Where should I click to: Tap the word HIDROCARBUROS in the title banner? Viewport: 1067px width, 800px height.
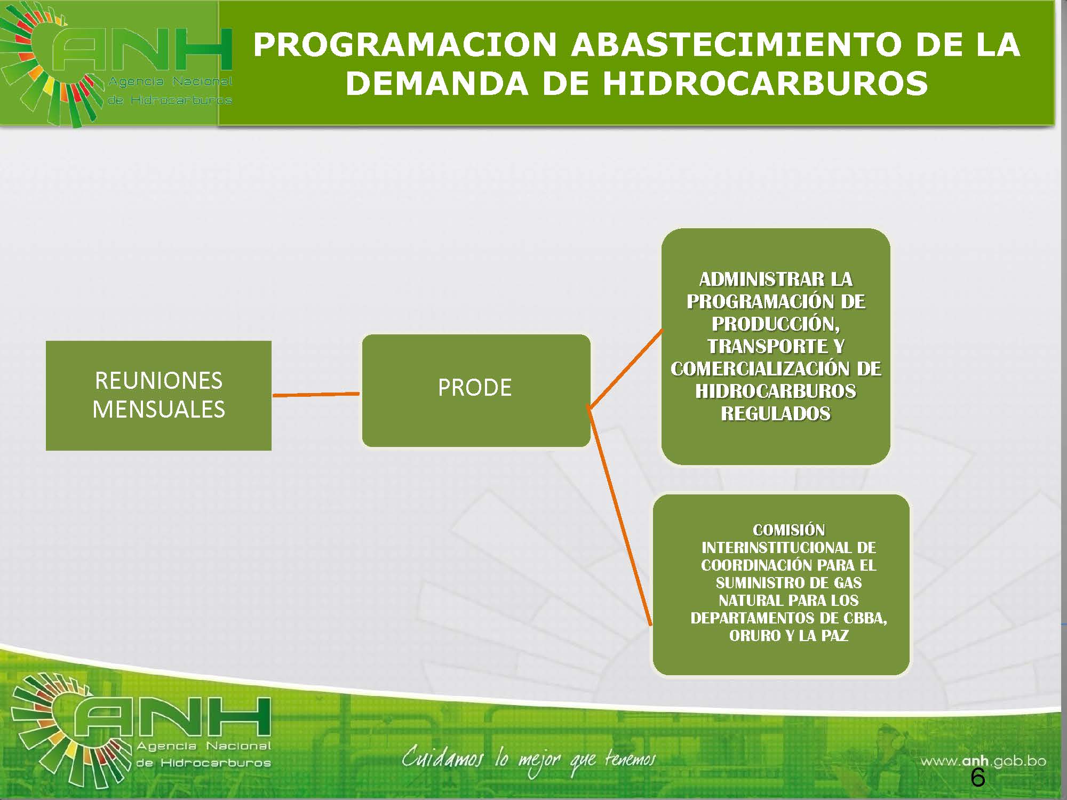[x=766, y=84]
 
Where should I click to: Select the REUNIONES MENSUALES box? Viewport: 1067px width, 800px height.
[x=158, y=396]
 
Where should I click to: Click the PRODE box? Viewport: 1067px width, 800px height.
[x=476, y=390]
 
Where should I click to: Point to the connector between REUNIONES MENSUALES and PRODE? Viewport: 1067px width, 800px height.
[x=316, y=395]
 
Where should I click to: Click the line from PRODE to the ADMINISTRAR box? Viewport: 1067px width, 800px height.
[x=625, y=369]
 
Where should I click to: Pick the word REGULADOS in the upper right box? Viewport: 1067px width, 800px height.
[x=776, y=413]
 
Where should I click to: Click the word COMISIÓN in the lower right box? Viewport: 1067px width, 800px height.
[x=789, y=530]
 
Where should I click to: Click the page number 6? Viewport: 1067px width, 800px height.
[x=977, y=778]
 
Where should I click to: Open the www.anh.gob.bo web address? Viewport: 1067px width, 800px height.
[x=983, y=761]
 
